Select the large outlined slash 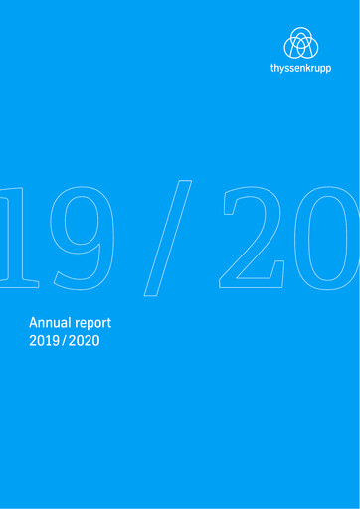pyautogui.click(x=168, y=239)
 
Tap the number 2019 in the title pyautogui.click(x=49, y=344)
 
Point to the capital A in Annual pyautogui.click(x=35, y=324)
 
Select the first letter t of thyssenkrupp pyautogui.click(x=272, y=72)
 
